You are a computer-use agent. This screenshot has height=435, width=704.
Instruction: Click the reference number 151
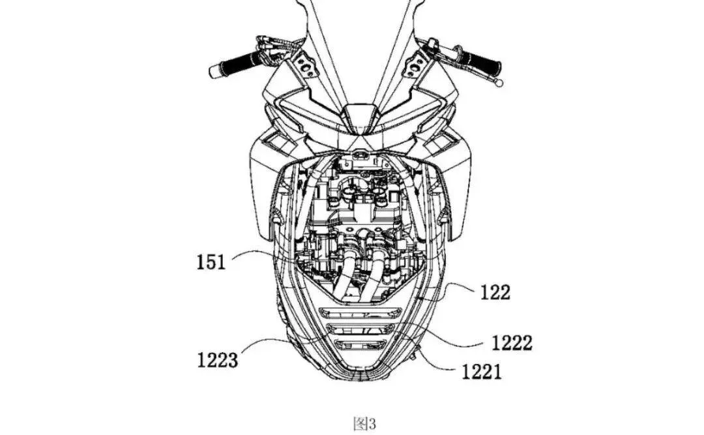click(211, 262)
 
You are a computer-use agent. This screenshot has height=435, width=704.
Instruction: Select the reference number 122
click(495, 293)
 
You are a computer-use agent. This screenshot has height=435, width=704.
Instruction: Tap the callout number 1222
click(512, 343)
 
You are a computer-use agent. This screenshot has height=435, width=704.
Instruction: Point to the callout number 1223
click(218, 360)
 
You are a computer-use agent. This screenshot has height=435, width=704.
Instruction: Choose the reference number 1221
click(482, 372)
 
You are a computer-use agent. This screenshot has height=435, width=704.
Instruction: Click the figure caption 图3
click(364, 423)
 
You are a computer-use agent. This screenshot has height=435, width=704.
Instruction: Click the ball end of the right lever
click(497, 82)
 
